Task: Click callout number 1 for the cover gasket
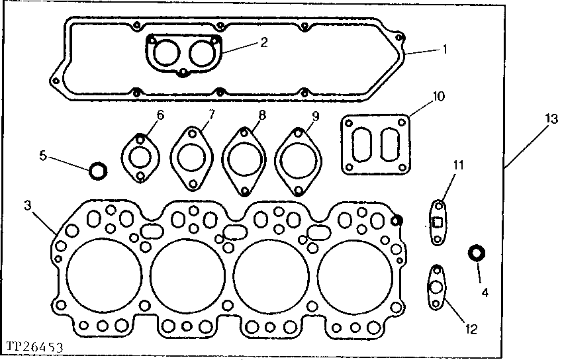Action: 445,48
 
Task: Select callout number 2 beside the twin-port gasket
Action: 263,42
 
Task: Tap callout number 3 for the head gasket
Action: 27,206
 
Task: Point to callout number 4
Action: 485,291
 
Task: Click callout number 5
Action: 42,156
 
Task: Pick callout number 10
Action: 438,97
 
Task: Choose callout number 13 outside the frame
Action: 551,118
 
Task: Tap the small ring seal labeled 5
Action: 98,171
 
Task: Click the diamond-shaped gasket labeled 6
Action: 140,158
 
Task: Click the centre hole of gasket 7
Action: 192,159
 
